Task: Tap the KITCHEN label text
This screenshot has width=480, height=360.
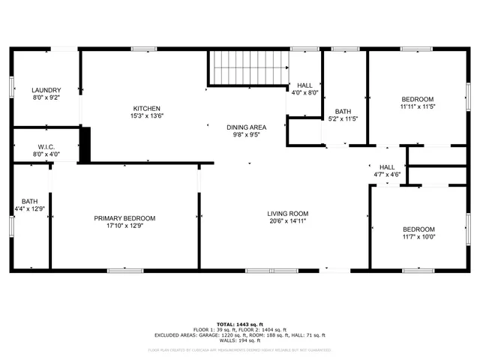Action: (148, 108)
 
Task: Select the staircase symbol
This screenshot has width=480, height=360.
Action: (247, 68)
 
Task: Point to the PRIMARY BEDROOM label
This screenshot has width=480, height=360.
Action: (124, 218)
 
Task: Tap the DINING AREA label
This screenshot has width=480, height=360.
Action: (247, 127)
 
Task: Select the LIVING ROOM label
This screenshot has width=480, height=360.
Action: (288, 214)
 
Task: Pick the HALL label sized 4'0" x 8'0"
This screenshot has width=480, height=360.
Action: (304, 85)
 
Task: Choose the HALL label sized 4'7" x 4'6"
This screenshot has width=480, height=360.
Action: (387, 166)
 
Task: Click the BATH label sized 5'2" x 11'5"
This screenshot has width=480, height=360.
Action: (343, 110)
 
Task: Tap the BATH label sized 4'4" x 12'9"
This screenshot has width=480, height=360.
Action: (30, 200)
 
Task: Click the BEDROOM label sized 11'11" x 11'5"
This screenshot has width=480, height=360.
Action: (417, 99)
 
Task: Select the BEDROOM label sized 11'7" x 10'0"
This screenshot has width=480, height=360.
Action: (418, 229)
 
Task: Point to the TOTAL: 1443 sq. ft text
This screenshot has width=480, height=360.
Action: (239, 324)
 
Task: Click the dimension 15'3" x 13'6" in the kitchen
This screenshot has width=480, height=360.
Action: (148, 116)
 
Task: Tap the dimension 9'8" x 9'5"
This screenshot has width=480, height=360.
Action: (247, 136)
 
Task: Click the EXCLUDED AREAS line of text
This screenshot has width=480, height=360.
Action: (239, 335)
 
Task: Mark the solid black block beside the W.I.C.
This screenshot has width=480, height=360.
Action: (85, 145)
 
